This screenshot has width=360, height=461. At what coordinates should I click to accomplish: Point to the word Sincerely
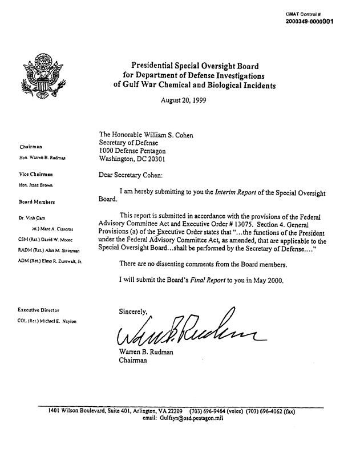[x=134, y=312]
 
